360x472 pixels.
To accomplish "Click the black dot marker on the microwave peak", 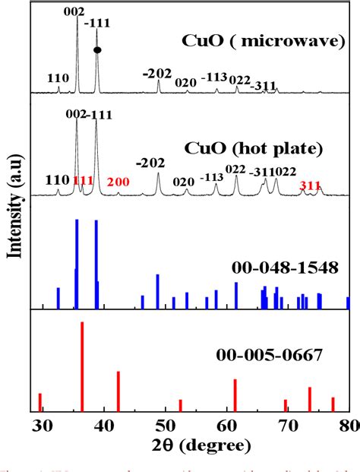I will (97, 50).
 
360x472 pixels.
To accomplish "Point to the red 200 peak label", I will (118, 182).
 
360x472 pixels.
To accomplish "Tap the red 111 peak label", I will (84, 180).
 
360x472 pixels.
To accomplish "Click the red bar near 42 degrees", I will (118, 391).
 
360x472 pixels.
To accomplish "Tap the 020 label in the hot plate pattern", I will (183, 182).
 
